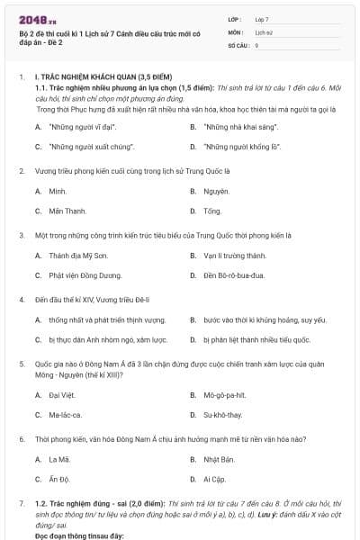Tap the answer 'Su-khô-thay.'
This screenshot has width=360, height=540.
coord(223,414)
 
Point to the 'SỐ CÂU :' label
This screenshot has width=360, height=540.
coord(238,44)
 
